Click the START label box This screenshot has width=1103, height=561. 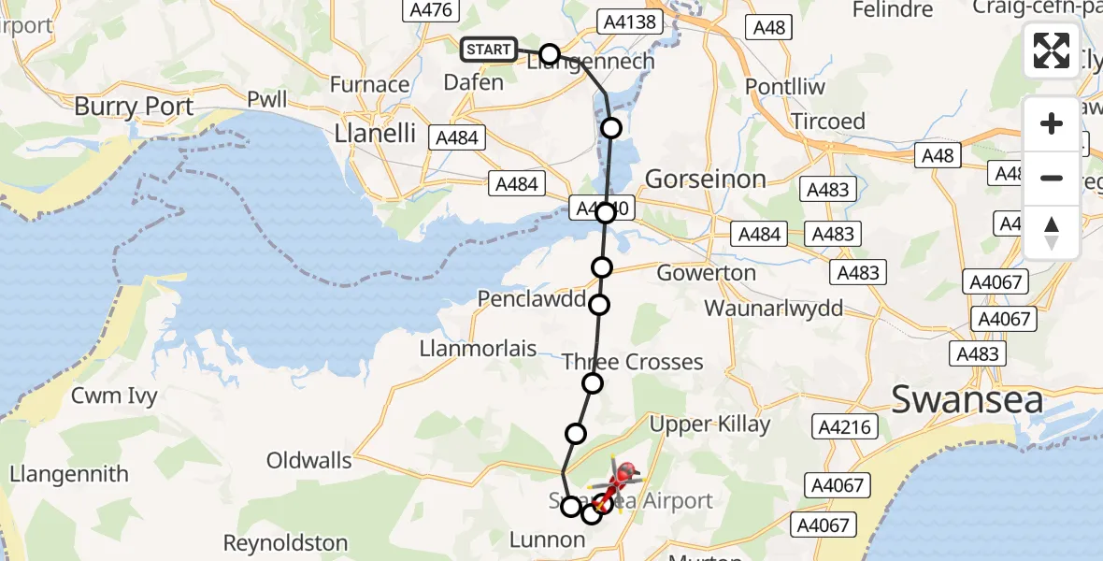pos(488,50)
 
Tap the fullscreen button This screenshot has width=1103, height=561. pos(1052,50)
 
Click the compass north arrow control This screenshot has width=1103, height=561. pos(1052,232)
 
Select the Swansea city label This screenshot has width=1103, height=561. pos(967,399)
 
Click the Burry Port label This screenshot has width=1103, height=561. pos(134,107)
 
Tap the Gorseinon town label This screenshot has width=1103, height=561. pos(706,179)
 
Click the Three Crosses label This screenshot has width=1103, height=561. pos(633,362)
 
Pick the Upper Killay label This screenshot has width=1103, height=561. pos(709,424)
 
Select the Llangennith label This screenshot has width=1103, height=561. pos(69,474)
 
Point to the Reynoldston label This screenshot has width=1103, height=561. pos(285,542)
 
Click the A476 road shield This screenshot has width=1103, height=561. pos(430,10)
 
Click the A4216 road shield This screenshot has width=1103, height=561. pos(844,427)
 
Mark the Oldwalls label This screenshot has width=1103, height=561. pos(309,460)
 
